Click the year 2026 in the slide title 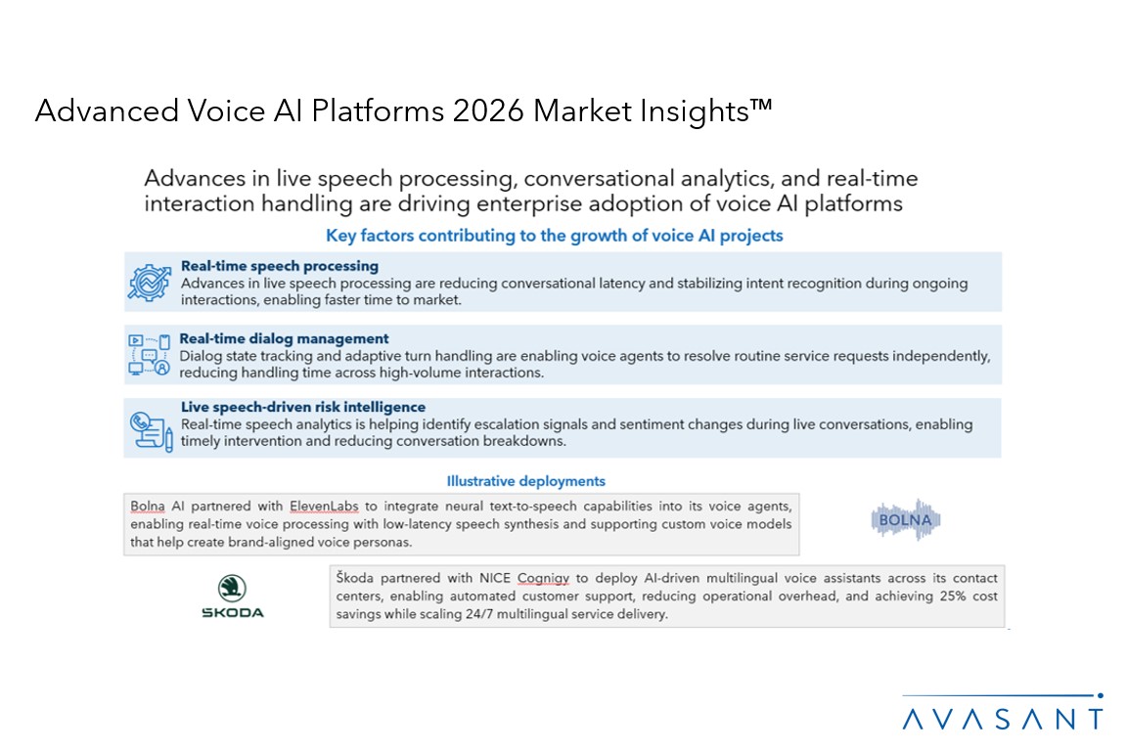488,110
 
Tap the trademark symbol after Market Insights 761,106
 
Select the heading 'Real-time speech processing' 280,266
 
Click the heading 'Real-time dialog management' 284,338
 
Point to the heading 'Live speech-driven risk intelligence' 303,407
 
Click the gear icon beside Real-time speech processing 150,282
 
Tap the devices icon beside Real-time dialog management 149,354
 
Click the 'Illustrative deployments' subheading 526,481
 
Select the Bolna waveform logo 906,519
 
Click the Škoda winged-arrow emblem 232,588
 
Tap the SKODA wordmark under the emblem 233,612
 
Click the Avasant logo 1003,713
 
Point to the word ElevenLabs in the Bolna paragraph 324,506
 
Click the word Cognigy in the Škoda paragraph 543,578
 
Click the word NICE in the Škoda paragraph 494,578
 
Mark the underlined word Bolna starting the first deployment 148,506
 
